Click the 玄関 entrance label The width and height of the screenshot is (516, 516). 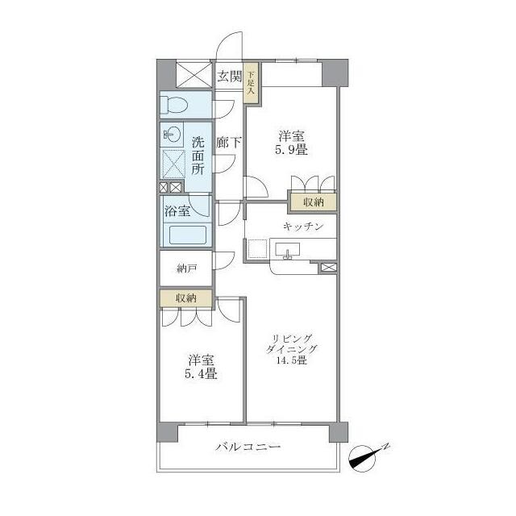[229, 77]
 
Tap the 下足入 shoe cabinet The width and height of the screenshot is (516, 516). [251, 82]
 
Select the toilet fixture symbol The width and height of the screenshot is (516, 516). [173, 105]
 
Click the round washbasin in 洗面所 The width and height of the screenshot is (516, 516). [172, 135]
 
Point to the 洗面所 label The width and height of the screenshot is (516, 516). [198, 156]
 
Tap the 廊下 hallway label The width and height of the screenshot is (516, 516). [229, 143]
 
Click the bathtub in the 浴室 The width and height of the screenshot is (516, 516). [188, 235]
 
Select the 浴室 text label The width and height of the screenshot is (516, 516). [177, 211]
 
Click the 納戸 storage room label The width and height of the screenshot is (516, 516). [186, 268]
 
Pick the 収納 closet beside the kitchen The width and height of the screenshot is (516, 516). [314, 202]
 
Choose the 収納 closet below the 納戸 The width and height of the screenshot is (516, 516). [186, 298]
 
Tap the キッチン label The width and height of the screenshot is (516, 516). [303, 227]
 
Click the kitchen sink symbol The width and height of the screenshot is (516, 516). [288, 251]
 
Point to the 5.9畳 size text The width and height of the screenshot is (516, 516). [291, 151]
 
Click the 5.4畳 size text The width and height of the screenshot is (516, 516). [201, 374]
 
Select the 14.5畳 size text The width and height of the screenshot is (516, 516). [292, 360]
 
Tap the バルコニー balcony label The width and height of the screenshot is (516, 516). [248, 447]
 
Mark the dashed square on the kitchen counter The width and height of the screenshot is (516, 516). [257, 249]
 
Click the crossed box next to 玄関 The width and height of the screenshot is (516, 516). [194, 75]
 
